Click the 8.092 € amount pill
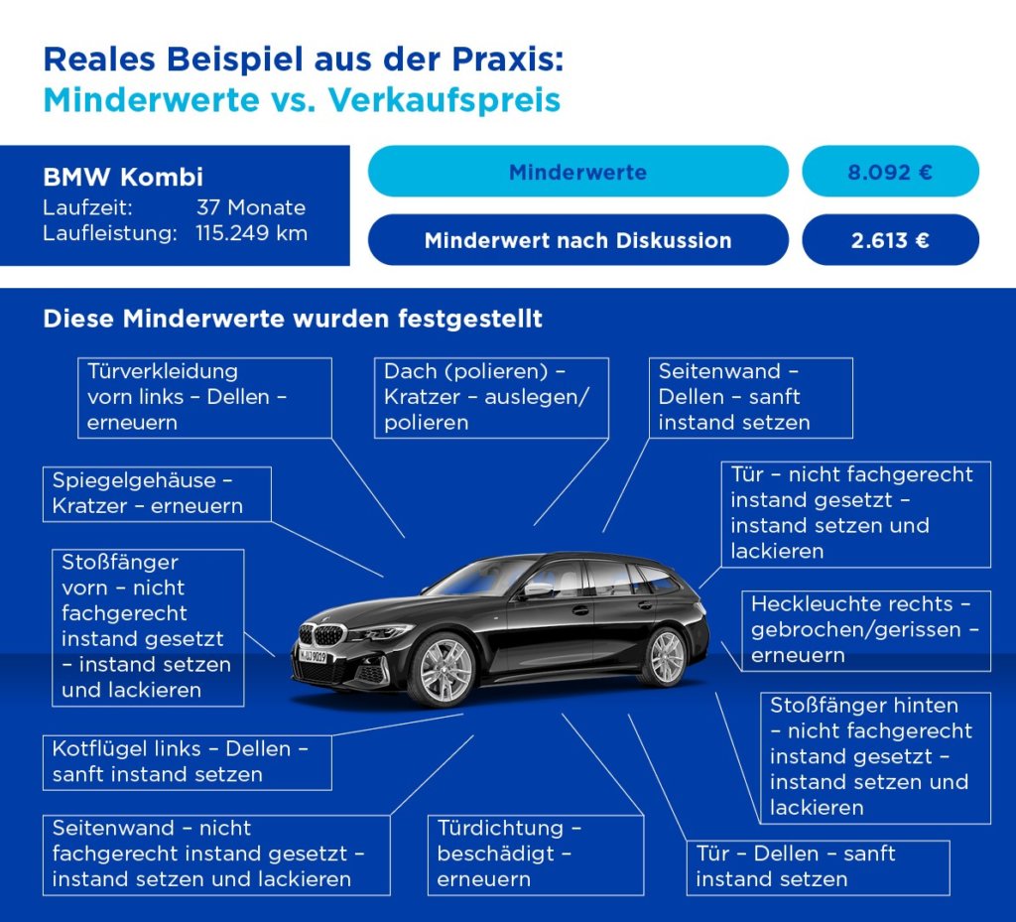(890, 172)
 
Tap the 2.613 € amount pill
(890, 240)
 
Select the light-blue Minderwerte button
(577, 172)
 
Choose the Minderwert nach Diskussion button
(577, 240)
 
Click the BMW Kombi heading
(123, 178)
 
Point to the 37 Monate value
(251, 207)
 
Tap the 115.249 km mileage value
(251, 233)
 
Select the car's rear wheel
(666, 657)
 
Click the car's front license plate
(314, 656)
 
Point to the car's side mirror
(538, 589)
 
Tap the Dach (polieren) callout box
(491, 397)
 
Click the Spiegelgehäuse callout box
(157, 493)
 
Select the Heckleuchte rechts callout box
(865, 630)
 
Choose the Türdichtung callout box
(536, 854)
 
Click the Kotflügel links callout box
(187, 761)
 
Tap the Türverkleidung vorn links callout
(203, 397)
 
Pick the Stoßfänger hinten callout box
(875, 756)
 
